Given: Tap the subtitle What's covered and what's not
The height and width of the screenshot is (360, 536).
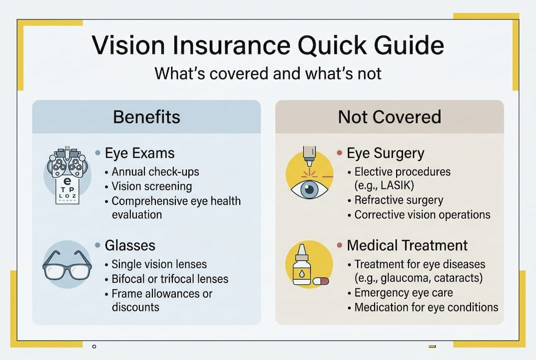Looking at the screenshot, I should click(268, 73).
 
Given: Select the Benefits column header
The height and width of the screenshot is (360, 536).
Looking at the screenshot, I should click(146, 117).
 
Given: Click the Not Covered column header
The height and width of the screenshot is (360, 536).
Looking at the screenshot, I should click(389, 117).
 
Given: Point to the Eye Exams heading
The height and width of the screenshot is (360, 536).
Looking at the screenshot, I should click(140, 153).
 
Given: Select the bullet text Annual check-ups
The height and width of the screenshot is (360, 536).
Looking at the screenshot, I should click(155, 171).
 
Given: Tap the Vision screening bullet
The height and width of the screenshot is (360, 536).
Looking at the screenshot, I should click(151, 186).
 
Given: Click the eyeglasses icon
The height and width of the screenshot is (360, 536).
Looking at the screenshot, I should click(67, 264).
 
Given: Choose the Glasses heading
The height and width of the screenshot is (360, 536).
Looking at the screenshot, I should click(130, 245).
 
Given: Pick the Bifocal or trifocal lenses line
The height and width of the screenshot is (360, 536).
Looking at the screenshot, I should click(170, 278).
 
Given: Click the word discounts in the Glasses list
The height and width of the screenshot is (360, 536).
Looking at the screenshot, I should click(135, 306).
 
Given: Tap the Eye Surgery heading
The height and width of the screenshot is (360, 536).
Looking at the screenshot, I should click(385, 153).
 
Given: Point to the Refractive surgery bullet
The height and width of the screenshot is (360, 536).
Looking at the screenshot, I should click(399, 200).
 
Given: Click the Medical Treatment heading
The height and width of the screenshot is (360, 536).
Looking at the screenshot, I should click(407, 245).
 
